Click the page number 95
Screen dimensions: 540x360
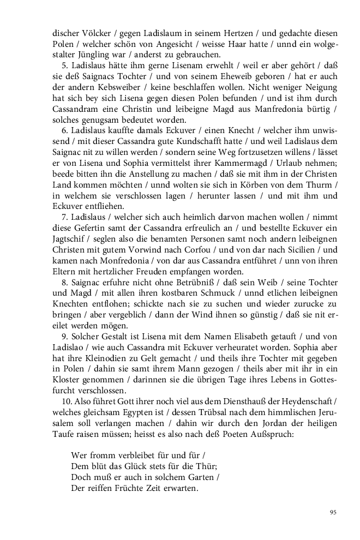(333, 512)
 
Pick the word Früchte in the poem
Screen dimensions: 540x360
(112, 488)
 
